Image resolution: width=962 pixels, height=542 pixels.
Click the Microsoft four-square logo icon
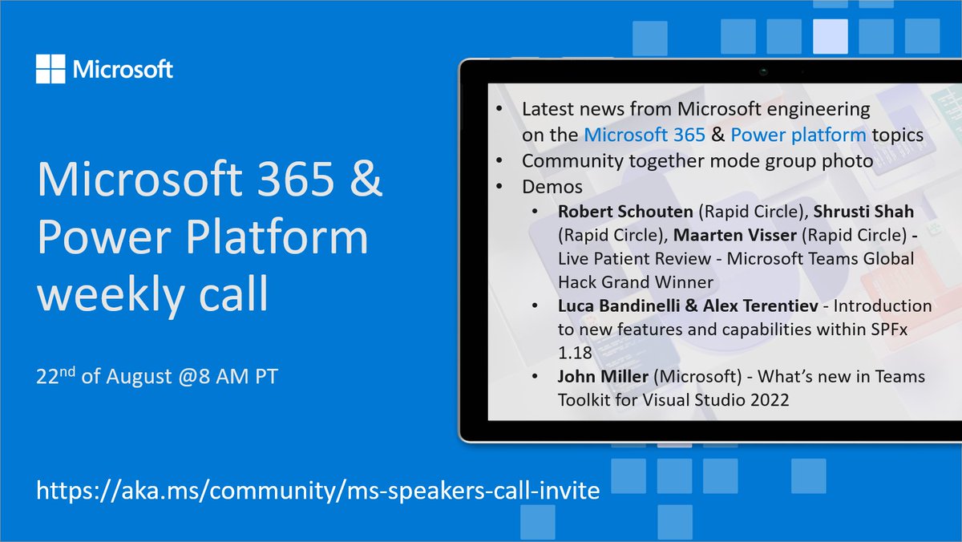(x=51, y=68)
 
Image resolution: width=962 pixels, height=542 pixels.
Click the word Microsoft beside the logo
(x=123, y=70)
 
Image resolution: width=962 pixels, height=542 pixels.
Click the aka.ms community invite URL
(x=318, y=490)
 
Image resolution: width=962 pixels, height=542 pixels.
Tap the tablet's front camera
(x=764, y=71)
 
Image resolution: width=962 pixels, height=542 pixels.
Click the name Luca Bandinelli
(x=625, y=306)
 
